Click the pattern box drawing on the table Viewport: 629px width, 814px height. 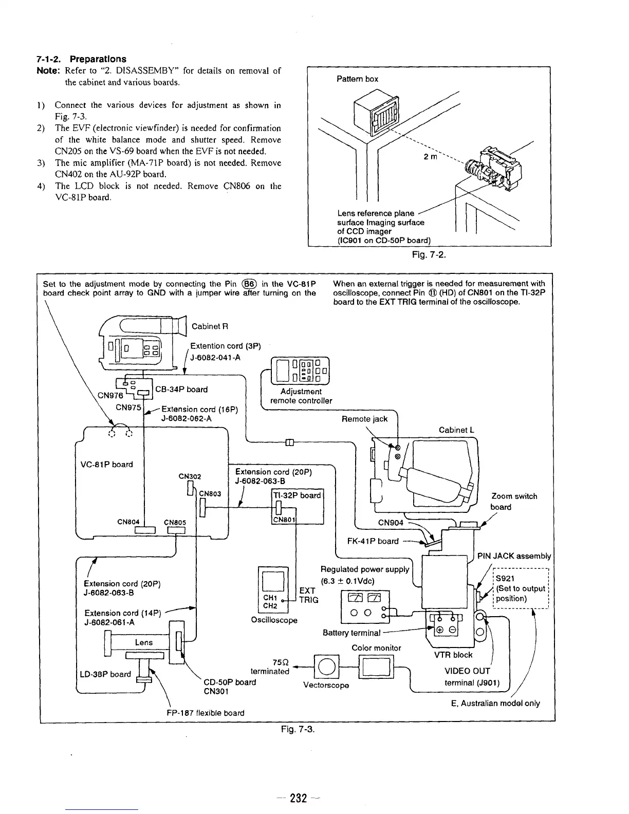click(378, 116)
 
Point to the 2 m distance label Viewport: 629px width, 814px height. click(430, 156)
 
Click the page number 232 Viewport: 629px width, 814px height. click(298, 798)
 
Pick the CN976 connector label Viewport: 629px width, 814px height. click(110, 395)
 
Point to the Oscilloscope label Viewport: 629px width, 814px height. click(274, 620)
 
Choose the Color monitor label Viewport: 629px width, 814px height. click(376, 648)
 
